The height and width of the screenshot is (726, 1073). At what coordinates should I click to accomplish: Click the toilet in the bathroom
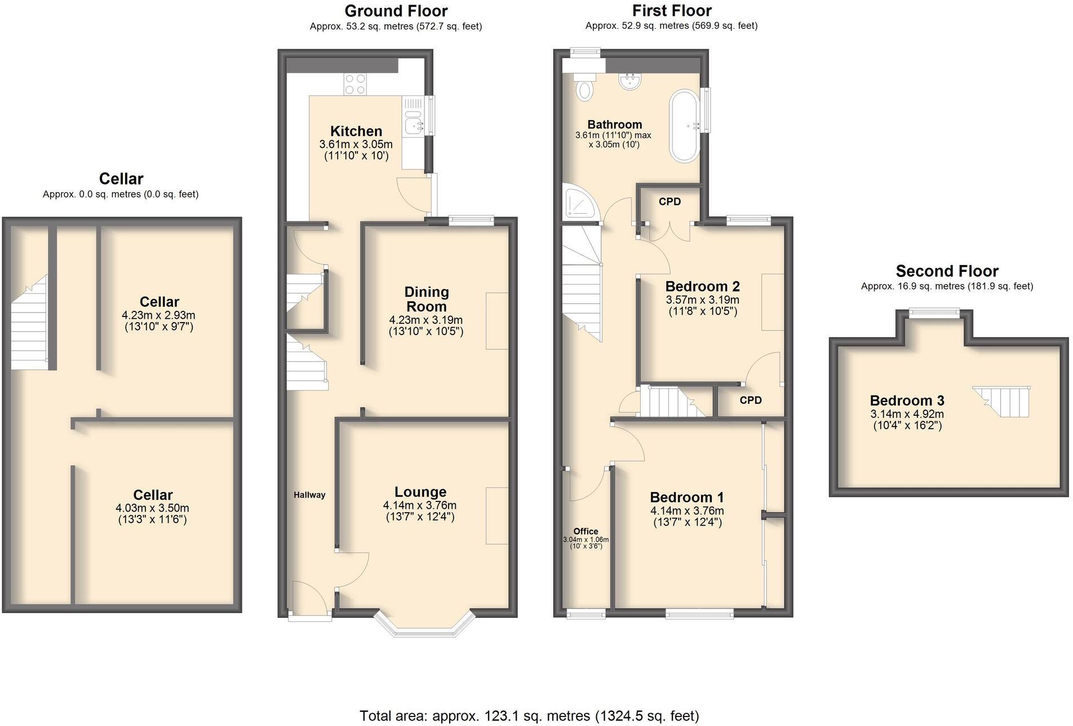coord(584,88)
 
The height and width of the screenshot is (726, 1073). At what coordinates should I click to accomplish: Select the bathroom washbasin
coord(629,82)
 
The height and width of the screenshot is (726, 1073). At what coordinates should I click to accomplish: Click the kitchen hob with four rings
coord(355,84)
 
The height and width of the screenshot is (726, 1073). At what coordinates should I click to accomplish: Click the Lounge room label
coord(420,492)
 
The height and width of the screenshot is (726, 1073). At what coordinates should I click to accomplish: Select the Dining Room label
coord(427,299)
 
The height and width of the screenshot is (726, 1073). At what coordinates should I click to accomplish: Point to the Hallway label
coord(309,495)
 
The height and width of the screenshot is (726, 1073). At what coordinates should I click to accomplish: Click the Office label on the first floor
coord(586,531)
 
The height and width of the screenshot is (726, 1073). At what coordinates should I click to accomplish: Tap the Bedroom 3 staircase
coord(1003,401)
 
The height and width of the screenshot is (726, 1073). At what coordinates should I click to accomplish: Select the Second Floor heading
coord(947,271)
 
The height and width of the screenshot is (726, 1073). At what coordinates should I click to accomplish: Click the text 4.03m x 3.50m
coord(152,508)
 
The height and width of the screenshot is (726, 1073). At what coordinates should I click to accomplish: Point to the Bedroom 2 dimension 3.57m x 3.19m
coord(702,300)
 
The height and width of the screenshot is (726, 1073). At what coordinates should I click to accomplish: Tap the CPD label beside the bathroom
coord(669,202)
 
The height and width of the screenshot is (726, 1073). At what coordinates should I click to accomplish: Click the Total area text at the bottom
coord(529,716)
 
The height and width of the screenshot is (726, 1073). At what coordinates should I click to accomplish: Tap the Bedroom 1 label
coord(686,498)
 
